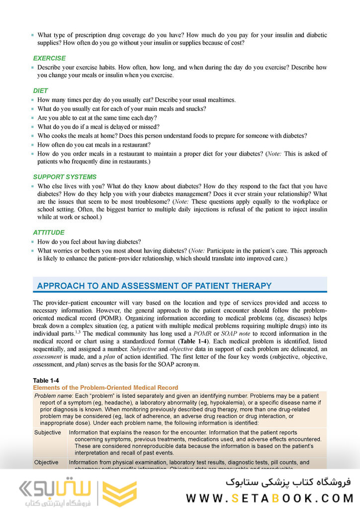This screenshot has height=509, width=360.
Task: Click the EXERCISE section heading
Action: (49, 58)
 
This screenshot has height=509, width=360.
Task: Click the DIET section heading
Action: (41, 91)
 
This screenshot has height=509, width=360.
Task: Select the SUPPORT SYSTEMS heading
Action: (65, 177)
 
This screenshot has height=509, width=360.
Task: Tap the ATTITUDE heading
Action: (48, 233)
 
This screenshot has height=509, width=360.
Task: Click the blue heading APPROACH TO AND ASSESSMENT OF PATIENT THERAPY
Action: (154, 286)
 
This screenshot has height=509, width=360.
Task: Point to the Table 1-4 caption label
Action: (45, 381)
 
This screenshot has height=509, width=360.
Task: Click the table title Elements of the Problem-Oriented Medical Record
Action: (105, 387)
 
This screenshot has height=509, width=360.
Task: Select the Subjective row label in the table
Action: (48, 432)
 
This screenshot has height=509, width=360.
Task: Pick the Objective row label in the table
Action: (46, 462)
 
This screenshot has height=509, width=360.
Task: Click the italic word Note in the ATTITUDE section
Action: (199, 251)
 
